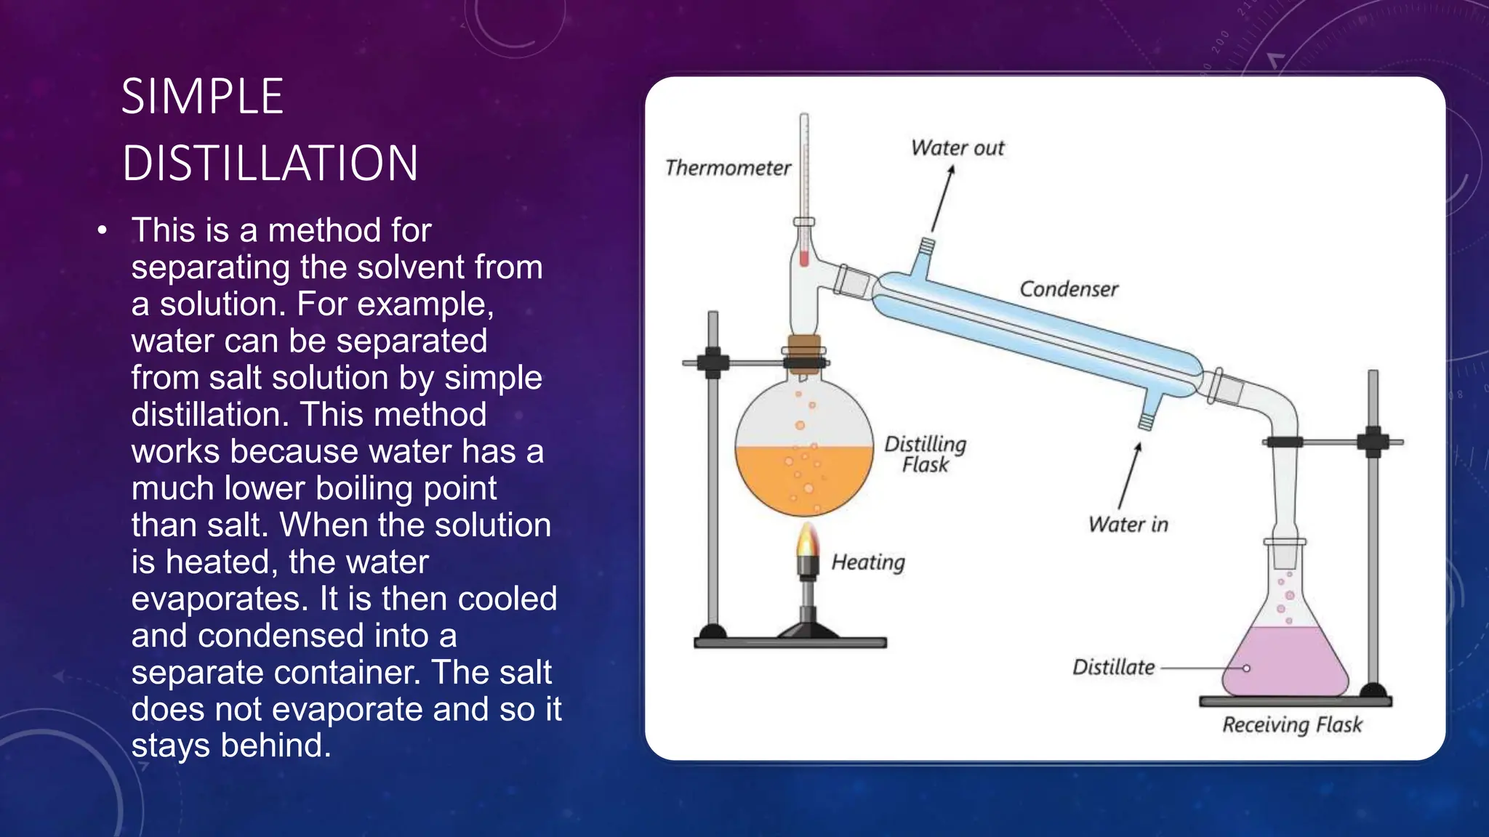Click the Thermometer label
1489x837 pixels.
[728, 168]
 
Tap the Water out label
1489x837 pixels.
[957, 148]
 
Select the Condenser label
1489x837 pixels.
[1068, 289]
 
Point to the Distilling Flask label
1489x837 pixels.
[925, 454]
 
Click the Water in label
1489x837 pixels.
[1128, 525]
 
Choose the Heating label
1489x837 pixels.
[868, 562]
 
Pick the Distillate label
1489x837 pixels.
[1113, 667]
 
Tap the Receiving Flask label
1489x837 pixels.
[1292, 724]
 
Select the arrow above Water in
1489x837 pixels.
[1129, 476]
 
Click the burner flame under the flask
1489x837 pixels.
[807, 541]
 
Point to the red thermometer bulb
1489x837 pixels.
[804, 257]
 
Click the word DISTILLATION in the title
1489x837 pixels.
[270, 163]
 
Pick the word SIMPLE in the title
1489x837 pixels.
[202, 97]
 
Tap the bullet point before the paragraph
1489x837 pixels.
[103, 231]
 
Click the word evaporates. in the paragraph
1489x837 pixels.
[220, 599]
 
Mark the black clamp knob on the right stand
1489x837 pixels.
[1373, 442]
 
